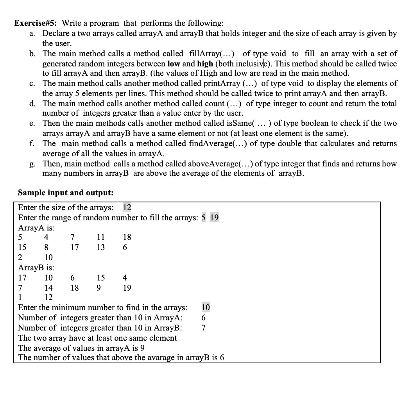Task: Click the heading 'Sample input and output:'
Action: tap(66, 193)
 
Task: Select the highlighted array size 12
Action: tap(127, 207)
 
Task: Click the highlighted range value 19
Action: tap(214, 218)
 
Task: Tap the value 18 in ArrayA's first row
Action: tap(127, 237)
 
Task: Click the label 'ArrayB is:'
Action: tap(36, 268)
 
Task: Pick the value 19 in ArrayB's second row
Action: tap(127, 288)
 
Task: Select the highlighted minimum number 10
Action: tap(206, 308)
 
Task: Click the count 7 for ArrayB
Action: tap(203, 328)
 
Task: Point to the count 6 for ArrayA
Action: tap(203, 318)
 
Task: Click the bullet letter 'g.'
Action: tap(33, 164)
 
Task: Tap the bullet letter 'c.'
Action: tap(33, 83)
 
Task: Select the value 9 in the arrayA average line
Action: tap(143, 348)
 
